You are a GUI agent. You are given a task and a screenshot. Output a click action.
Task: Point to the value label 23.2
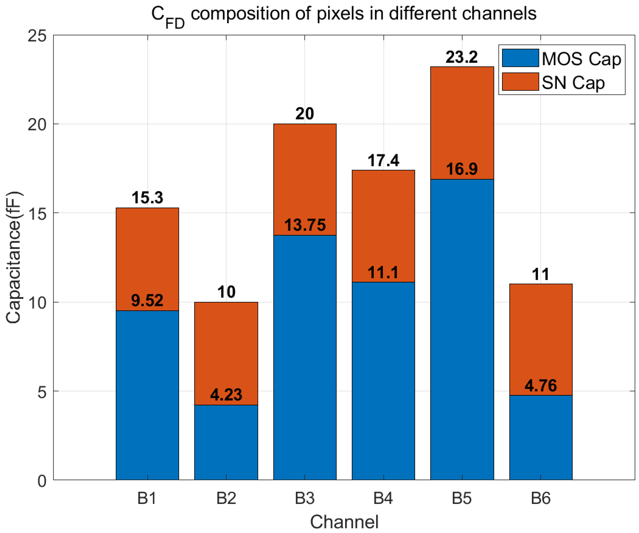click(462, 57)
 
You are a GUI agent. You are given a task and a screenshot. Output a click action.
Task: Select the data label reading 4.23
click(226, 395)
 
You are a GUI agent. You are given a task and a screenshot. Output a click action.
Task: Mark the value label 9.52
click(147, 301)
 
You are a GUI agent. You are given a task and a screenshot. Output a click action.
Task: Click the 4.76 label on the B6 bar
click(541, 386)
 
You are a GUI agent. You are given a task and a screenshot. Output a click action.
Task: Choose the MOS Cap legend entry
click(581, 59)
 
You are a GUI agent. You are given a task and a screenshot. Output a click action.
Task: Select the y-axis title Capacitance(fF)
click(13, 257)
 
